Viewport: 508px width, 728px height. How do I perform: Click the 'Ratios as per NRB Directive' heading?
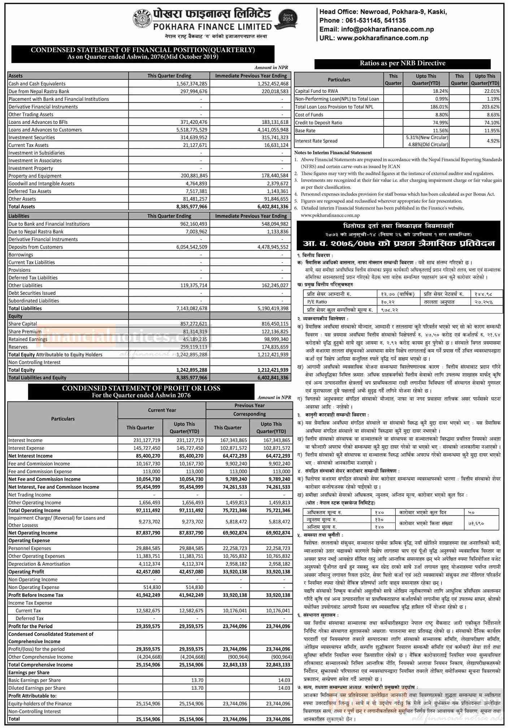402,63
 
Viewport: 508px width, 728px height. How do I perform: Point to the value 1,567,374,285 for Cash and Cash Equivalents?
189,84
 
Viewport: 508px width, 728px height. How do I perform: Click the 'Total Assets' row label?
22,207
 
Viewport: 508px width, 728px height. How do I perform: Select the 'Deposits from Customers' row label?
36,247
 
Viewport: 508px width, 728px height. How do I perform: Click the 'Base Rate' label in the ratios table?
305,131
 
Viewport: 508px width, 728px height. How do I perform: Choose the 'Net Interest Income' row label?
30,456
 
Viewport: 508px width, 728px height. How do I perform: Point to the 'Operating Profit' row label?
26,572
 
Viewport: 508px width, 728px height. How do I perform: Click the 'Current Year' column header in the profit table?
162,410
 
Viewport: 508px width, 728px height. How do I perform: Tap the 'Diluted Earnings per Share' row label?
37,688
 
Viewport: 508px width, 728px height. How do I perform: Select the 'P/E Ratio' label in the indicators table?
317,302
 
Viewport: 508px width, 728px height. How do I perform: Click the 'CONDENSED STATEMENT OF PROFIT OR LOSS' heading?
141,388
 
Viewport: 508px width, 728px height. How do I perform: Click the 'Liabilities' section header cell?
19,216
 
